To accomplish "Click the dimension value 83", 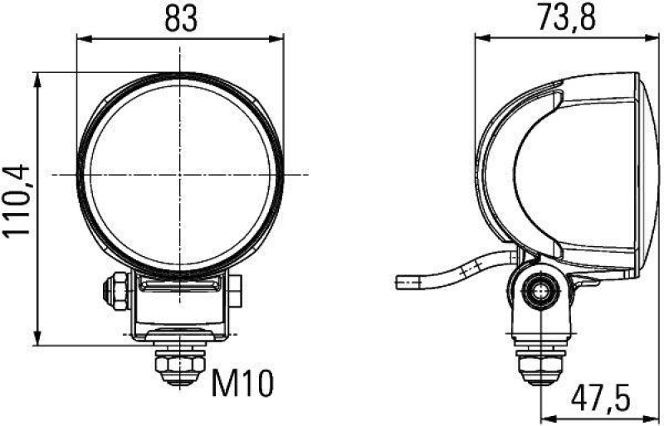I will click(180, 18).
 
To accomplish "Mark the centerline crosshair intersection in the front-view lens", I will click(181, 175).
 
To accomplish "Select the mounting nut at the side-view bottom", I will click(540, 364).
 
